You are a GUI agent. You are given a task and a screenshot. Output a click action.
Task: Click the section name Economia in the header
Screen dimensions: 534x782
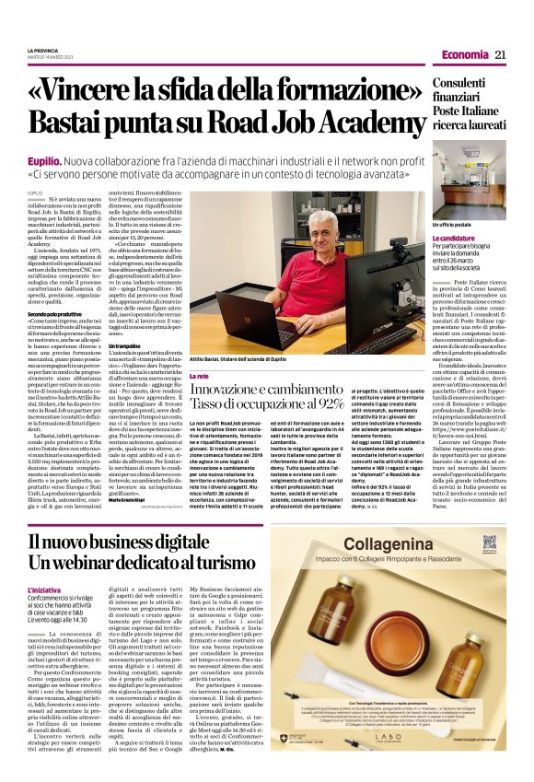coord(464,54)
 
